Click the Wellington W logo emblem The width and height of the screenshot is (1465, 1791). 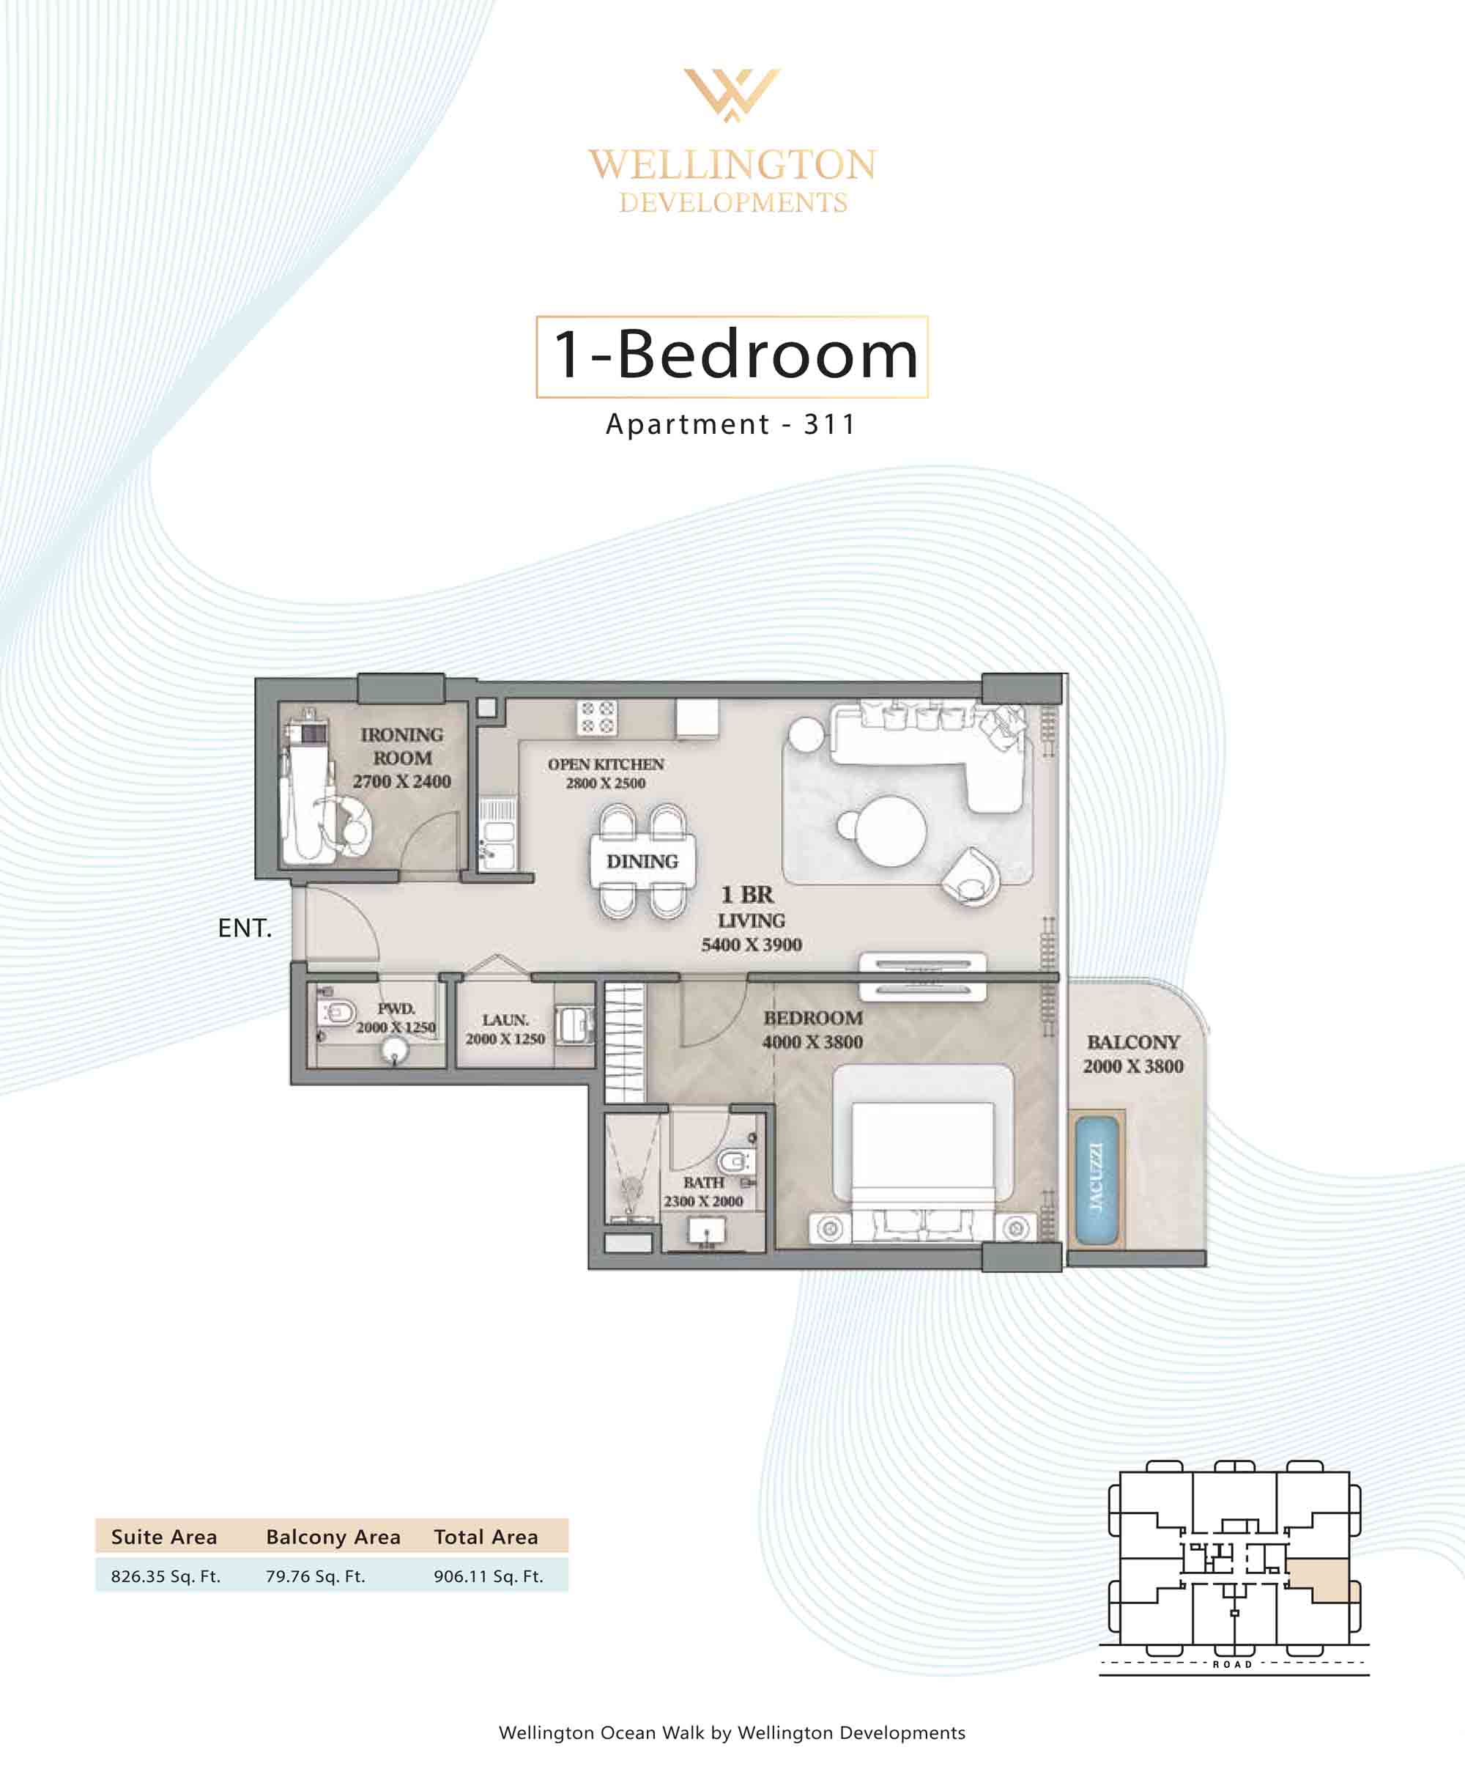(732, 94)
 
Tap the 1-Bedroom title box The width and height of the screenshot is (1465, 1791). (732, 356)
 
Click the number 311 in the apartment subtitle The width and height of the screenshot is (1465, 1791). (829, 424)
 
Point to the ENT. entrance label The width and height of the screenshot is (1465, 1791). (245, 928)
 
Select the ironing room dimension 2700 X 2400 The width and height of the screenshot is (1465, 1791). (401, 782)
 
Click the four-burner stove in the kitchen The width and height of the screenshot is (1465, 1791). (597, 717)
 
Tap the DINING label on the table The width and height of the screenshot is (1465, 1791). (642, 862)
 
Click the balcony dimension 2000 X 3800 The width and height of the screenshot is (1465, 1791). (1133, 1066)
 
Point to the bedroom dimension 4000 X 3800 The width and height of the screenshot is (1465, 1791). (812, 1042)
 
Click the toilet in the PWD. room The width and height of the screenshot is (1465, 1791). (339, 1012)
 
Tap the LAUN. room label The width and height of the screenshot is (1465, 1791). (505, 1020)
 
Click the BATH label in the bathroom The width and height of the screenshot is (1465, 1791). (704, 1183)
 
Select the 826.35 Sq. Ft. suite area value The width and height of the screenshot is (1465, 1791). (166, 1576)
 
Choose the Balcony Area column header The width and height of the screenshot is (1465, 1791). (333, 1537)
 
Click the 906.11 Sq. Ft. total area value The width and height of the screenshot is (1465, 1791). (489, 1576)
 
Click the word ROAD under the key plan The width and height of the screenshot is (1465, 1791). (1232, 1664)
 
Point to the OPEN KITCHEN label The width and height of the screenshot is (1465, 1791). (606, 764)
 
